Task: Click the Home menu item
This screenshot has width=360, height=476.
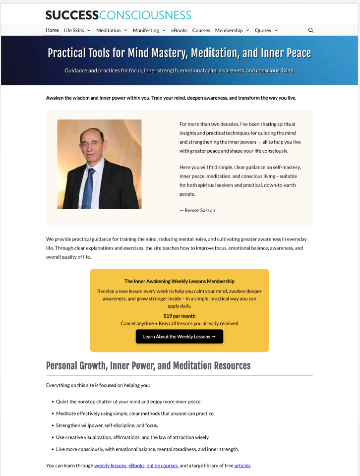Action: [x=52, y=30]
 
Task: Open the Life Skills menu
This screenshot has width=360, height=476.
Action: [x=74, y=30]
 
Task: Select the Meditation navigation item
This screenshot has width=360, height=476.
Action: [x=109, y=30]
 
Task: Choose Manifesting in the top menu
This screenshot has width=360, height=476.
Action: [x=146, y=30]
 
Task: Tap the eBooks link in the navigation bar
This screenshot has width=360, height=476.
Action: [x=179, y=30]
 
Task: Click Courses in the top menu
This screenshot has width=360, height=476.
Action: [x=201, y=30]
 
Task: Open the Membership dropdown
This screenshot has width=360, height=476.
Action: [x=229, y=30]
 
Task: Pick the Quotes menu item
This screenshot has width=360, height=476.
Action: [x=263, y=30]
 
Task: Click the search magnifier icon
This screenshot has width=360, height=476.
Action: [x=311, y=30]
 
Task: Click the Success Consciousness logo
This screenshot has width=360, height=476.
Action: [x=118, y=15]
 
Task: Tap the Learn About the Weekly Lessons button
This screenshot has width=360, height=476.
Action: [x=180, y=337]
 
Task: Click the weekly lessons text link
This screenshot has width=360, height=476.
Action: [x=111, y=466]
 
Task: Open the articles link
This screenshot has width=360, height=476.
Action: [x=242, y=466]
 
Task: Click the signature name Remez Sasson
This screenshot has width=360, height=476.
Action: [x=200, y=210]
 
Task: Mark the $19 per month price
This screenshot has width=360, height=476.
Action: [x=180, y=316]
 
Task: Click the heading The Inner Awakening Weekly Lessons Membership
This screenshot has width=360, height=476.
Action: [x=180, y=281]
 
